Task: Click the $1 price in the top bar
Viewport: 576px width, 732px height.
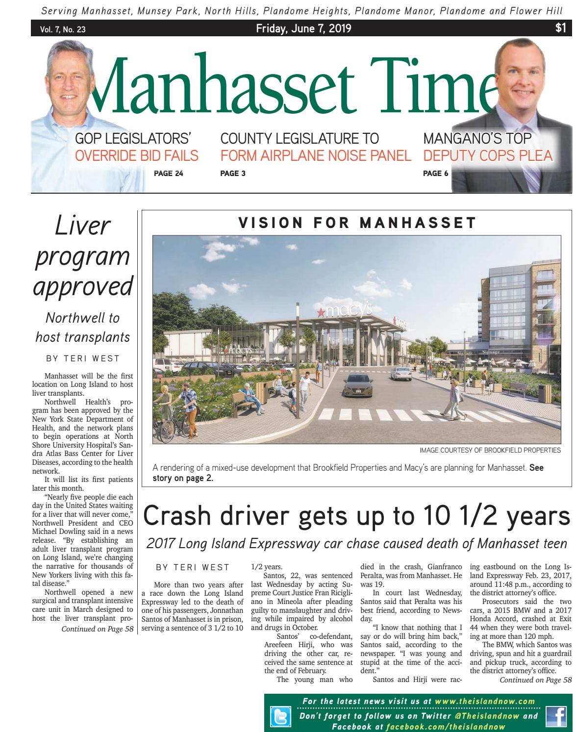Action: tap(560, 29)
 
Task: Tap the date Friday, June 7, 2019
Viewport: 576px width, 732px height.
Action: tap(303, 29)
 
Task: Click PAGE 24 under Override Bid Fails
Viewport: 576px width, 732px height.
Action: tap(168, 173)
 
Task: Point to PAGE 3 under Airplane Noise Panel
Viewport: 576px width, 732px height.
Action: tap(233, 173)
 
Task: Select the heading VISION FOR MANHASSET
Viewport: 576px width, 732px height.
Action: tap(357, 223)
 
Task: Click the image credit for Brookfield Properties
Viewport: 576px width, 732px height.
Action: tap(490, 450)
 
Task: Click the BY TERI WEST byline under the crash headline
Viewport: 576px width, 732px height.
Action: tap(192, 567)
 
